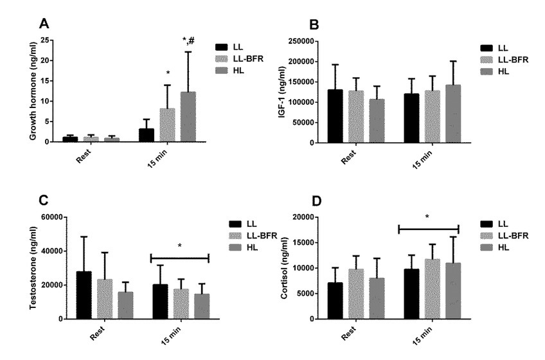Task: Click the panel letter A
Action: point(44,24)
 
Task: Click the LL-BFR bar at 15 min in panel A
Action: point(167,125)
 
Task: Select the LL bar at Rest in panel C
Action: point(84,295)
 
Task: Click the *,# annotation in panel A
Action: point(188,42)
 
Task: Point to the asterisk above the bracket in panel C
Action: point(179,246)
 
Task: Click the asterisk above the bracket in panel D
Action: point(427,217)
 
